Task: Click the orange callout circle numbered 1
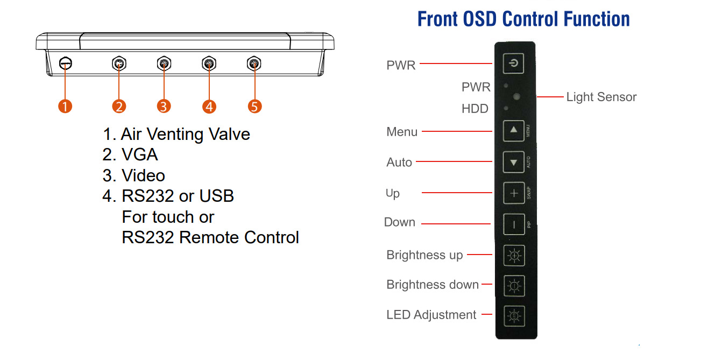pos(65,106)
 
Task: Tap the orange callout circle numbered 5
pos(254,106)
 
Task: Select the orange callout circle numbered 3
pos(164,106)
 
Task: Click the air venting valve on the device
pos(65,64)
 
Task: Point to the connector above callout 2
pos(119,64)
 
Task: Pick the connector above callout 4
pos(209,64)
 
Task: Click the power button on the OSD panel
pos(514,64)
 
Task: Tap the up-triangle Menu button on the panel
pos(513,130)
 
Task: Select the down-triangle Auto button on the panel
pos(513,162)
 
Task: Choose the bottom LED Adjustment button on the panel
pos(514,316)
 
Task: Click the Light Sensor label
pos(601,97)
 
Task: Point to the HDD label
pos(475,109)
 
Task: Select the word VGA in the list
pos(140,155)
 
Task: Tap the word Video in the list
pos(143,176)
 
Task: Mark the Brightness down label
pos(433,285)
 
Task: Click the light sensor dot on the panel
pos(517,97)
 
